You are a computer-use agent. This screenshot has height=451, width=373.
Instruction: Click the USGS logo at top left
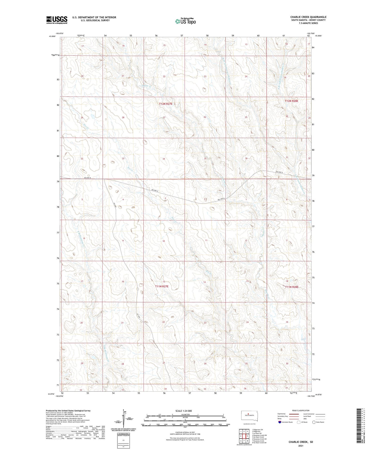point(57,20)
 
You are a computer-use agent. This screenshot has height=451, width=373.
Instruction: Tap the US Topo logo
point(185,21)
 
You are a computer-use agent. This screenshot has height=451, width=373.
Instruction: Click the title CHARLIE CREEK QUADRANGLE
point(308,17)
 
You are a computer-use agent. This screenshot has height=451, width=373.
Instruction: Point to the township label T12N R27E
point(165,104)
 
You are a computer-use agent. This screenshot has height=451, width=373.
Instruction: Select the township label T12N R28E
point(291,101)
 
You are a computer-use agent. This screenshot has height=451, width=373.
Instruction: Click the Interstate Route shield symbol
point(280,422)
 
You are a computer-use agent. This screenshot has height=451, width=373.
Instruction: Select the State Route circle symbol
point(314,422)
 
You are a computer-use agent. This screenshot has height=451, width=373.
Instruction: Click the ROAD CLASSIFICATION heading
point(301,410)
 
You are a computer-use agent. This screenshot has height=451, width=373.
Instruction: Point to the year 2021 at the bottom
point(300,446)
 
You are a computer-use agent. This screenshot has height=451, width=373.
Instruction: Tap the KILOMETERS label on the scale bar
point(185,415)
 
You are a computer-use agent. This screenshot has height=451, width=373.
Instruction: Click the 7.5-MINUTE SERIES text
point(308,23)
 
